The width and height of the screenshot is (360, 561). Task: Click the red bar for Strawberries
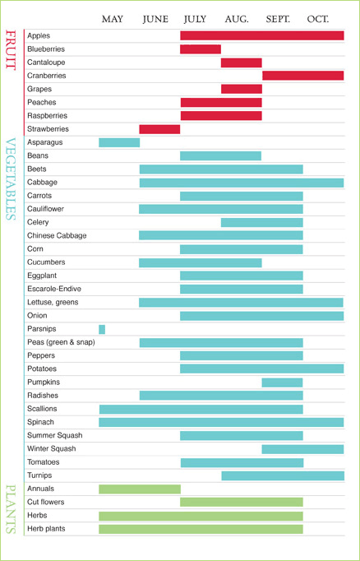tap(159, 129)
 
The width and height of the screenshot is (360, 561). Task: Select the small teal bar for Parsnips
tap(102, 329)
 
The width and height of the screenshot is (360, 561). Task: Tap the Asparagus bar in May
tap(119, 142)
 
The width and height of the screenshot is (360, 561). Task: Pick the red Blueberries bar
tap(201, 49)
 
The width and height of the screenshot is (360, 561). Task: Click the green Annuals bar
tap(140, 489)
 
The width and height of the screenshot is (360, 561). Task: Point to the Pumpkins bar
tap(283, 382)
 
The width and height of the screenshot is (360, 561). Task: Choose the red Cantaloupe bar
tap(242, 63)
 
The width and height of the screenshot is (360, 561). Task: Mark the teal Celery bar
tap(262, 223)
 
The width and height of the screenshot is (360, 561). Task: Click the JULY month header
tap(195, 19)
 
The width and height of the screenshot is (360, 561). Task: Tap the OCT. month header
tap(318, 19)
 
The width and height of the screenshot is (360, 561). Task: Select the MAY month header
tap(113, 19)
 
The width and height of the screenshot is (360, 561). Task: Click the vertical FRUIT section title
tap(11, 49)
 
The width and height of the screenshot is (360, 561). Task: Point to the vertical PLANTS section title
tap(11, 508)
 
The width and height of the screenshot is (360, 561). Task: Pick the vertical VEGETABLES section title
tap(11, 178)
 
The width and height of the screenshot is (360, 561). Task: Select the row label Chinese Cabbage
tap(57, 236)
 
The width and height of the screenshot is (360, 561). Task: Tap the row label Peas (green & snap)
tap(61, 342)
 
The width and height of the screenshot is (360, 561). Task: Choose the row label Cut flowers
tap(46, 502)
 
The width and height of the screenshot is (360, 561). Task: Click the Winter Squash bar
tap(302, 449)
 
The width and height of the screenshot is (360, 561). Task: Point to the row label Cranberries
tap(47, 76)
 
